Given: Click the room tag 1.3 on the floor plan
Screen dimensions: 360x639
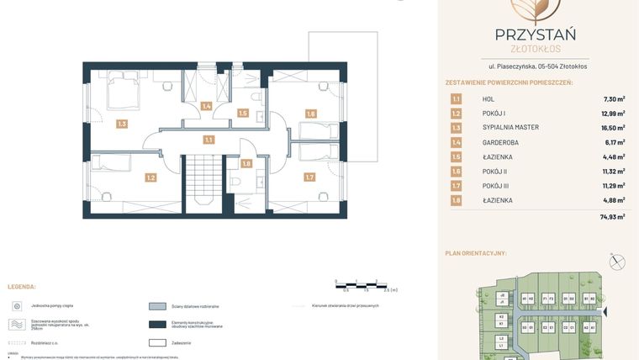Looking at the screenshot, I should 122,124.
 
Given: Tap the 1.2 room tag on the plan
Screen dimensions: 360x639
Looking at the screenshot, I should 151,177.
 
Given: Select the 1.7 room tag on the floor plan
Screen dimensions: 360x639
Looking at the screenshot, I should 309,177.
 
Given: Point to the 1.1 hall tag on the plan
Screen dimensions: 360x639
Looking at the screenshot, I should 208,140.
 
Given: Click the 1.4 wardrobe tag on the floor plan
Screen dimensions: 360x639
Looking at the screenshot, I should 206,106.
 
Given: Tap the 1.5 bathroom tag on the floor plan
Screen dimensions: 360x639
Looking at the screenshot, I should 243,113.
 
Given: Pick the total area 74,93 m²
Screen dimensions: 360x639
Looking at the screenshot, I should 612,217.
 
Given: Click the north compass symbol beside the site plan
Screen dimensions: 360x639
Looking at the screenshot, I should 618,262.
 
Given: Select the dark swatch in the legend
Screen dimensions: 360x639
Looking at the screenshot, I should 157,325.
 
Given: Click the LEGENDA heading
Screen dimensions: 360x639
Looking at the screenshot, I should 22,287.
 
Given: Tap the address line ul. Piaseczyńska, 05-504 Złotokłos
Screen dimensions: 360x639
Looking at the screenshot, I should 538,66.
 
